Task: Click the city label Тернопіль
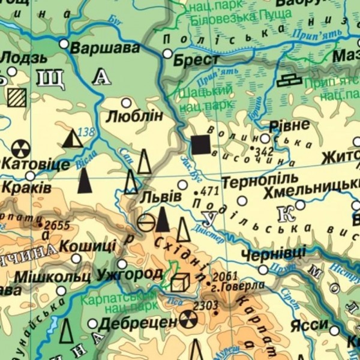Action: (251, 180)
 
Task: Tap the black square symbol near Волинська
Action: (200, 145)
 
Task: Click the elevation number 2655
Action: (57, 226)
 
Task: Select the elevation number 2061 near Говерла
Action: (226, 276)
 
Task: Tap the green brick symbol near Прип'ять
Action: (290, 80)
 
